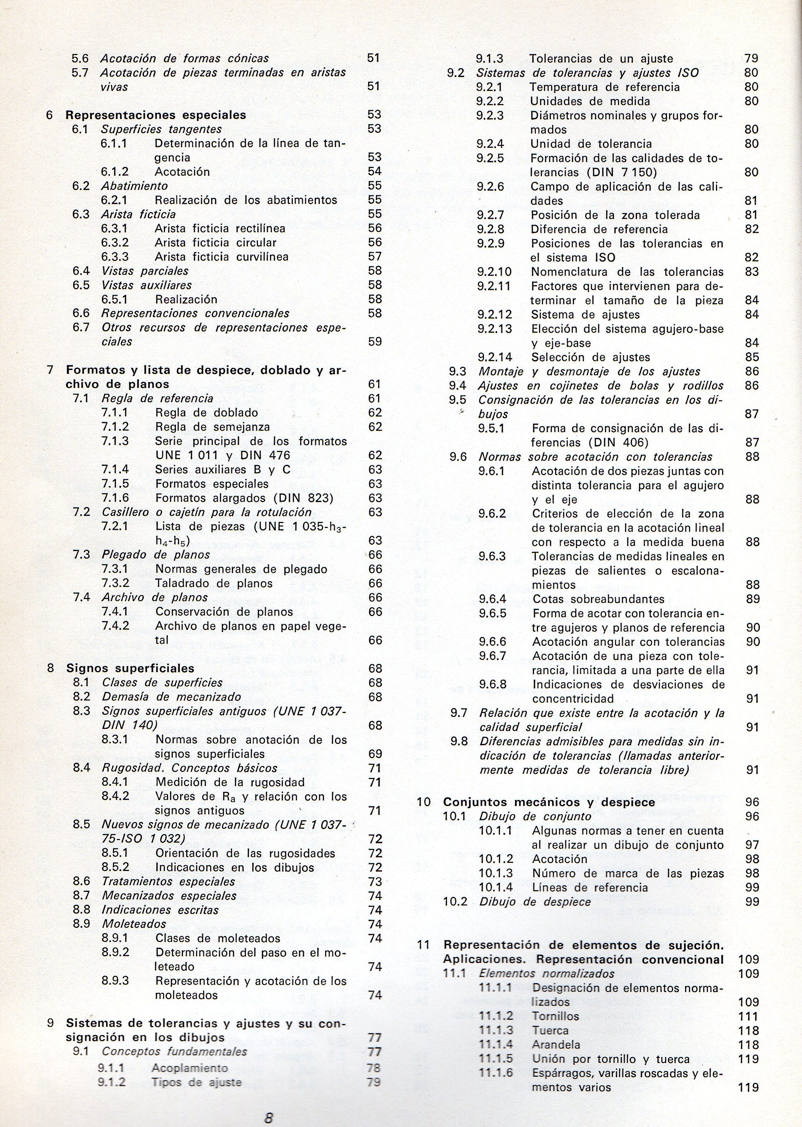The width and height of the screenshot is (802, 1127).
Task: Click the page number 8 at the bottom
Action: (x=269, y=1100)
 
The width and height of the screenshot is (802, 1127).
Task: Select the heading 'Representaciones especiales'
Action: (x=156, y=115)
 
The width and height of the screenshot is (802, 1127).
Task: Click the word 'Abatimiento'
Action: (x=134, y=186)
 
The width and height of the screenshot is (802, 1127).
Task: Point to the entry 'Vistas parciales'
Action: (x=145, y=271)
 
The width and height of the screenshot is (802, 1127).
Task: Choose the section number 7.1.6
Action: (x=115, y=498)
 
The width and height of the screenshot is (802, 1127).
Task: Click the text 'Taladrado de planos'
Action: (x=214, y=583)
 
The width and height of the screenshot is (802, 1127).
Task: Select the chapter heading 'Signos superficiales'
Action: (x=130, y=669)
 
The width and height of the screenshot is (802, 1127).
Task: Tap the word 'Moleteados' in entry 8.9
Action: (x=134, y=924)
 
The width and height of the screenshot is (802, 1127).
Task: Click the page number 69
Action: (x=375, y=754)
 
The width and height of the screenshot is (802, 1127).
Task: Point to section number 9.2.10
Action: (x=494, y=272)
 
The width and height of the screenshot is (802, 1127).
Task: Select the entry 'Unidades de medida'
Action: (x=590, y=101)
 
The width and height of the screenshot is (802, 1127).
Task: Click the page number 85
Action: (x=751, y=357)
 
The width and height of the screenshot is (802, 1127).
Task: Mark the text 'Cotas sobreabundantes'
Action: (x=598, y=599)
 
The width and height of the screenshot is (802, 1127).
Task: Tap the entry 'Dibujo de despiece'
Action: (x=535, y=902)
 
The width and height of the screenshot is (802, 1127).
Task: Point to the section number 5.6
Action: (x=80, y=58)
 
